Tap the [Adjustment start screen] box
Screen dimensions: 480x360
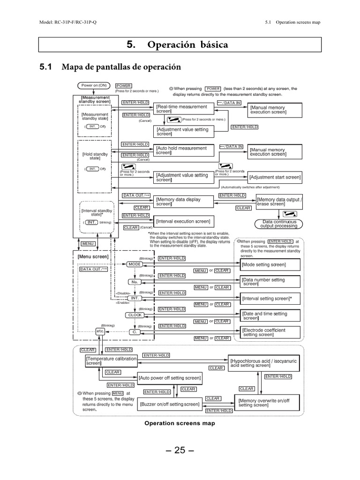pos(275,178)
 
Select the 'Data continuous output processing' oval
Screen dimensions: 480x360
pos(279,224)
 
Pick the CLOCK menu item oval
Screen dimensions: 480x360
pos(135,315)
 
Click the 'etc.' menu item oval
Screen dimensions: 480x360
pos(100,331)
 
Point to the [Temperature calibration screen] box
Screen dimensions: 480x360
pos(112,361)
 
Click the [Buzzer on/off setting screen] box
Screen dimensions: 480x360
pos(170,404)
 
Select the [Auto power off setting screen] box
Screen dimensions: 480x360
pos(170,378)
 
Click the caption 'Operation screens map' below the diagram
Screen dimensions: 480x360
pos(180,423)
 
